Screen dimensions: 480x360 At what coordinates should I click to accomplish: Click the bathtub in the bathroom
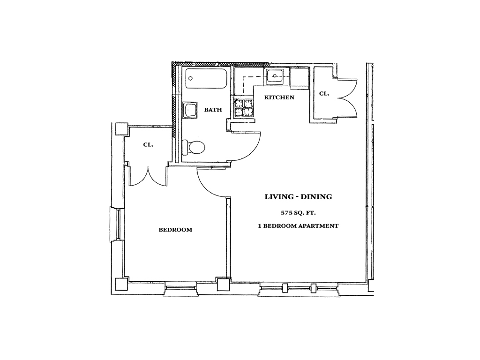click(206, 78)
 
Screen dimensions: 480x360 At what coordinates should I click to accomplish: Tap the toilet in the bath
click(193, 148)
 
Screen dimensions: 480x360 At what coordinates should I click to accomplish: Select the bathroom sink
click(190, 110)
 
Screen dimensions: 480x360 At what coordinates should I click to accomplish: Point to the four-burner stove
click(244, 108)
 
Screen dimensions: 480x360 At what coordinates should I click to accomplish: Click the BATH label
click(213, 110)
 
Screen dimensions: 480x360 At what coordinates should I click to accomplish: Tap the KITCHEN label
click(279, 97)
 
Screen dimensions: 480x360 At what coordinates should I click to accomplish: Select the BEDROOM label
click(175, 230)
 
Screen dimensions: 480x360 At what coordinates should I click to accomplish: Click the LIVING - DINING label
click(298, 197)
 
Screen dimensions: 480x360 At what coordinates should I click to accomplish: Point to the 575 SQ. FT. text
click(299, 212)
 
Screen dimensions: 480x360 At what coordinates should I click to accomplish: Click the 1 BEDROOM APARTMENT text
click(298, 226)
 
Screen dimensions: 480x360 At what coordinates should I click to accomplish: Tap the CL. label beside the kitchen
click(324, 94)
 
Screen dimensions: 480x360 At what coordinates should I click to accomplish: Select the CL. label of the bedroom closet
click(148, 145)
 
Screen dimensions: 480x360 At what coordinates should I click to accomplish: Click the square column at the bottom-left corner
click(121, 285)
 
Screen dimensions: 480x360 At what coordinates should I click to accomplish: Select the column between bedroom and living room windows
click(223, 285)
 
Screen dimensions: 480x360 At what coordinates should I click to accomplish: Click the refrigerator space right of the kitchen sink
click(300, 77)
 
